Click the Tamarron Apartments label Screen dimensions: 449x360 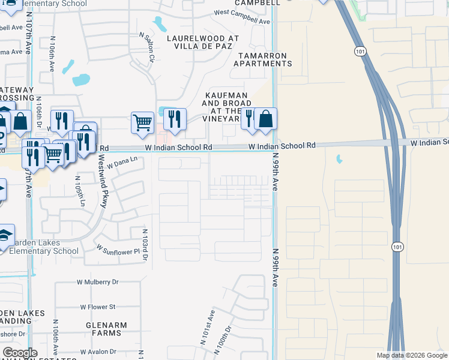[x=264, y=59]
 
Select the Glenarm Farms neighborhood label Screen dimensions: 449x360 [x=106, y=329]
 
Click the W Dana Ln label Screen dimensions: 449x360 [x=122, y=159]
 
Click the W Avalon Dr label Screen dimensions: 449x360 [x=96, y=352]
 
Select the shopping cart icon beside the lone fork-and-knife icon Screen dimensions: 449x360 [x=142, y=122]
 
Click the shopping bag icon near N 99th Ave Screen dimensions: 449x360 [x=265, y=119]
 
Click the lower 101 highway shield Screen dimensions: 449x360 [x=397, y=247]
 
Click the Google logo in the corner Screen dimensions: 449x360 [x=20, y=353]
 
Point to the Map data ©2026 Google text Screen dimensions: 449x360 [x=412, y=355]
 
